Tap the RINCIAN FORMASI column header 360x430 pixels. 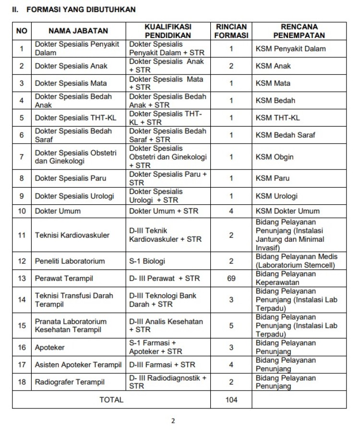[231, 31]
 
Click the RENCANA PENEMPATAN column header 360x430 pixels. [299, 31]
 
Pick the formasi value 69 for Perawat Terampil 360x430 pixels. [231, 278]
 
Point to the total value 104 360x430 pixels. [231, 399]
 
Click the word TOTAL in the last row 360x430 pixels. [111, 399]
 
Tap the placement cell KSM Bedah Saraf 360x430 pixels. [285, 135]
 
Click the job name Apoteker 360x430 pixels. [49, 347]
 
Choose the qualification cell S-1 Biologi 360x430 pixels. [147, 261]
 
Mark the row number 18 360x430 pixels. [22, 382]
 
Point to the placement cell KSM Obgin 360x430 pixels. [275, 157]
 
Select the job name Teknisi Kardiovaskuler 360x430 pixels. [72, 235]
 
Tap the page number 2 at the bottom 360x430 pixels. [173, 421]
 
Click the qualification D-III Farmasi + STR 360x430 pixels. [162, 365]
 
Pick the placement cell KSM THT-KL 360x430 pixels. [278, 118]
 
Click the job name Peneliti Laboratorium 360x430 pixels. [70, 261]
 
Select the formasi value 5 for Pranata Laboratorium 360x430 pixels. [231, 325]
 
